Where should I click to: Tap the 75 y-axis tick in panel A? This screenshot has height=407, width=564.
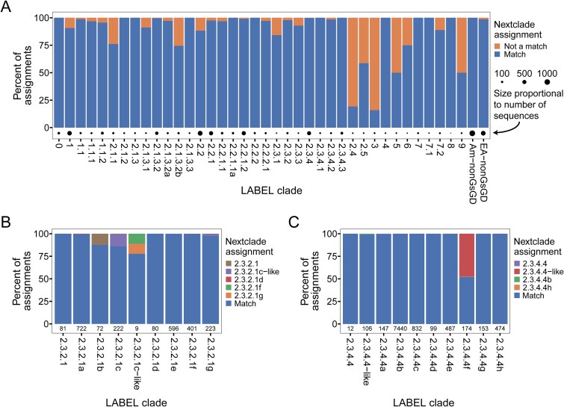[45, 45]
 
